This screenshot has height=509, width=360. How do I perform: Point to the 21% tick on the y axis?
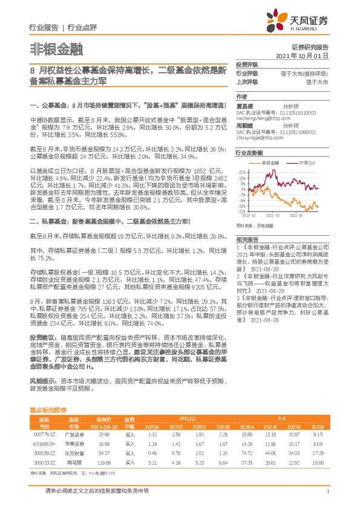pos(241,172)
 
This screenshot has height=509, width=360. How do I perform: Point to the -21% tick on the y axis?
pos(241,211)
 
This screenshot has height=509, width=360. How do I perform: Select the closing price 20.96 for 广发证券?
pos(102,434)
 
